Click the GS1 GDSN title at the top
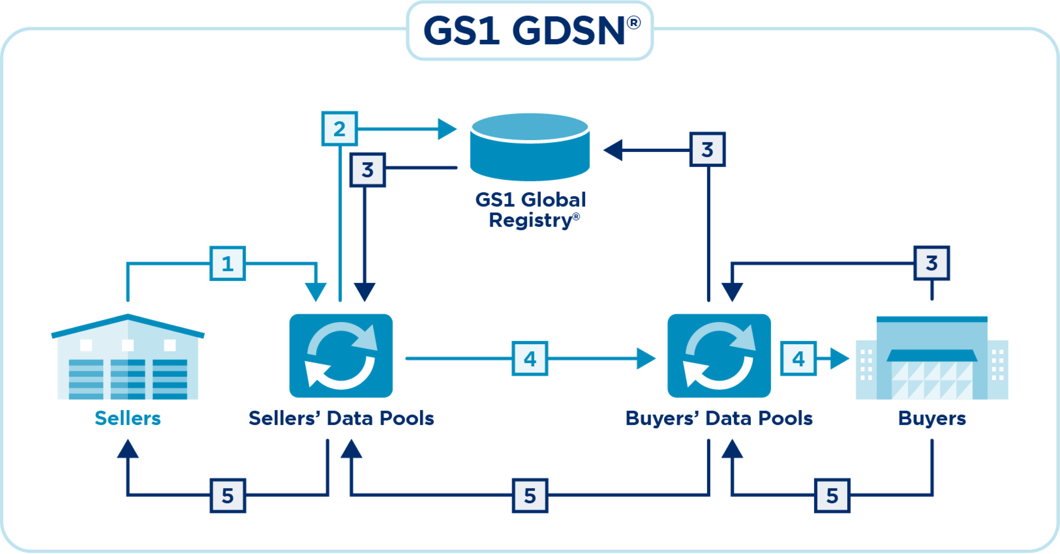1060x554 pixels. click(530, 31)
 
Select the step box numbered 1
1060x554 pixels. click(228, 263)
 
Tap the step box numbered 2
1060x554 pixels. click(339, 129)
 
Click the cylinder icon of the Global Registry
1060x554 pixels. click(530, 147)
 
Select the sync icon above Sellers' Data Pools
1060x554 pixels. click(341, 356)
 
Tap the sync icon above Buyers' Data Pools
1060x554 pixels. click(719, 356)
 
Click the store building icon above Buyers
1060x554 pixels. click(932, 358)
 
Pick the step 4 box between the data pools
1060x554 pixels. click(530, 359)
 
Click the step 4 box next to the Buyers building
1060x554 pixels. click(799, 359)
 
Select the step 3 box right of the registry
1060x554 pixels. click(707, 149)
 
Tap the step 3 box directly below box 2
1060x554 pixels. click(368, 170)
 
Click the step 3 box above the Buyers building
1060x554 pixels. click(932, 263)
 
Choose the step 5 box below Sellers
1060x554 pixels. click(228, 496)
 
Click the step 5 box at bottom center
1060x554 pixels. click(530, 496)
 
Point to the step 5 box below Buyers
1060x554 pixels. click(832, 496)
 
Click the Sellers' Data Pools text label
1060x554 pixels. click(341, 418)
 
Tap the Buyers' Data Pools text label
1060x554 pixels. click(719, 418)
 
